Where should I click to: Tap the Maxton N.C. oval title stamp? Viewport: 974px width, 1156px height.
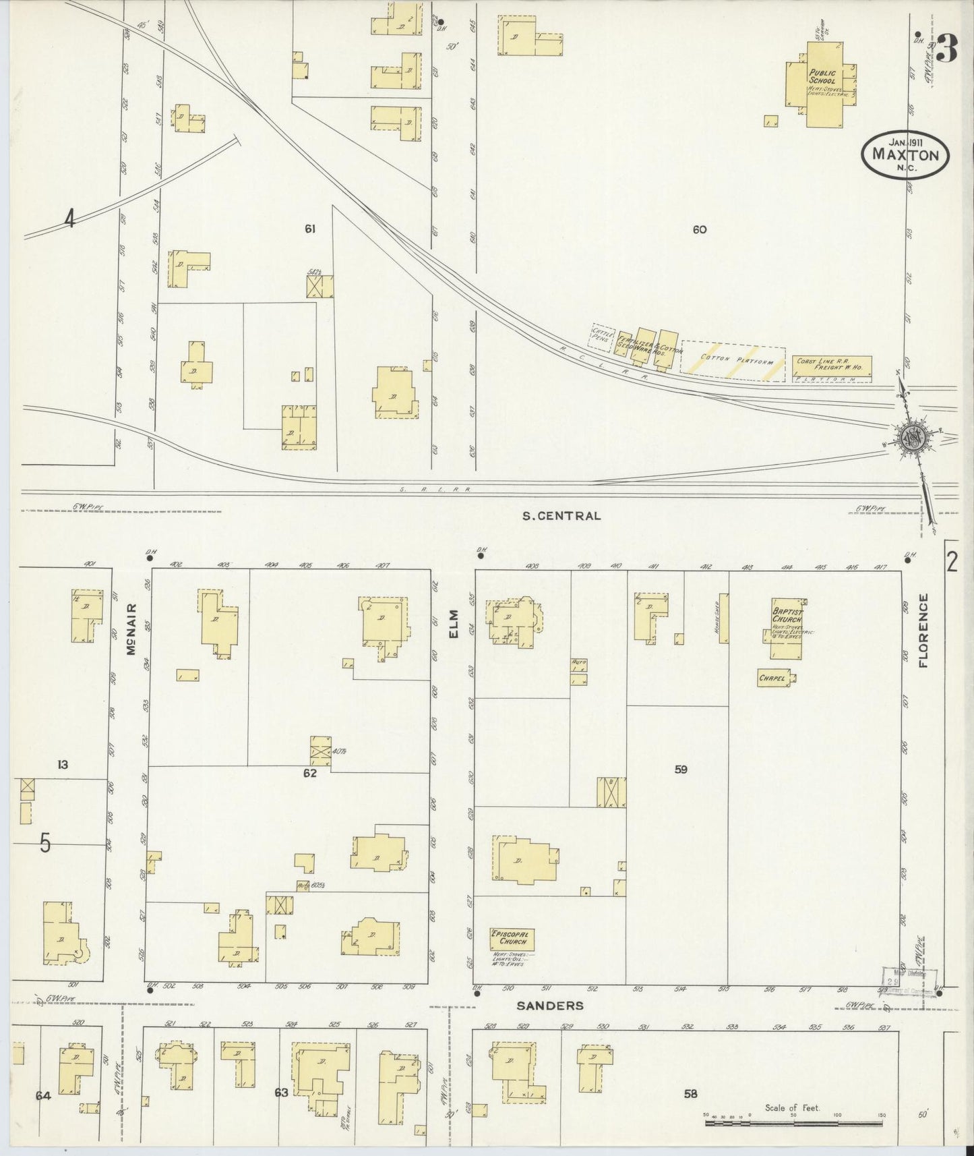[905, 154]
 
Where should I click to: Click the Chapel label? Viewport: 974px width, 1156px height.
[773, 679]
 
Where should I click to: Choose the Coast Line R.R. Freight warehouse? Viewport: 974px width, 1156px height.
[831, 366]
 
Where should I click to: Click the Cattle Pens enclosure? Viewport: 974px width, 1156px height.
[601, 337]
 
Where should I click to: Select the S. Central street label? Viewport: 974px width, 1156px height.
[561, 516]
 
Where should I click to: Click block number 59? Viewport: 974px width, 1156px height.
[680, 769]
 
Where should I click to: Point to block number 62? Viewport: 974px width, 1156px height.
[309, 773]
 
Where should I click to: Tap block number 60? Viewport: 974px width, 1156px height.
[699, 229]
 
